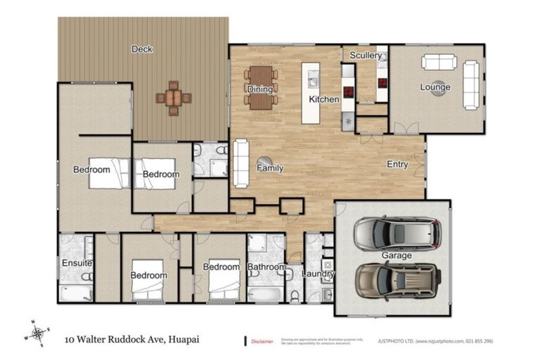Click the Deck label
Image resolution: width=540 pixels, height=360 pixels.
pyautogui.click(x=142, y=49)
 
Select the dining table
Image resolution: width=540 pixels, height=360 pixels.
pyautogui.click(x=260, y=87)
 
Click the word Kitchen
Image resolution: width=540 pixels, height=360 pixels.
pyautogui.click(x=324, y=100)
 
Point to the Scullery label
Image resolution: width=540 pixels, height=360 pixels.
pyautogui.click(x=366, y=56)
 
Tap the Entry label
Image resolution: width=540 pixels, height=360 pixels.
pyautogui.click(x=397, y=165)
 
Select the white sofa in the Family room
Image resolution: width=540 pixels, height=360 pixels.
pyautogui.click(x=240, y=162)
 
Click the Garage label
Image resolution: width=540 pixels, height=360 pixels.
pyautogui.click(x=396, y=255)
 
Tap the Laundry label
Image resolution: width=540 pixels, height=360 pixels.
pyautogui.click(x=318, y=274)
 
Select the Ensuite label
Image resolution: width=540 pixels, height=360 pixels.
pyautogui.click(x=76, y=264)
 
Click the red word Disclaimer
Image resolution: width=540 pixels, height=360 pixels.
pyautogui.click(x=263, y=342)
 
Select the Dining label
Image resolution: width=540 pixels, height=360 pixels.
pyautogui.click(x=259, y=89)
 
